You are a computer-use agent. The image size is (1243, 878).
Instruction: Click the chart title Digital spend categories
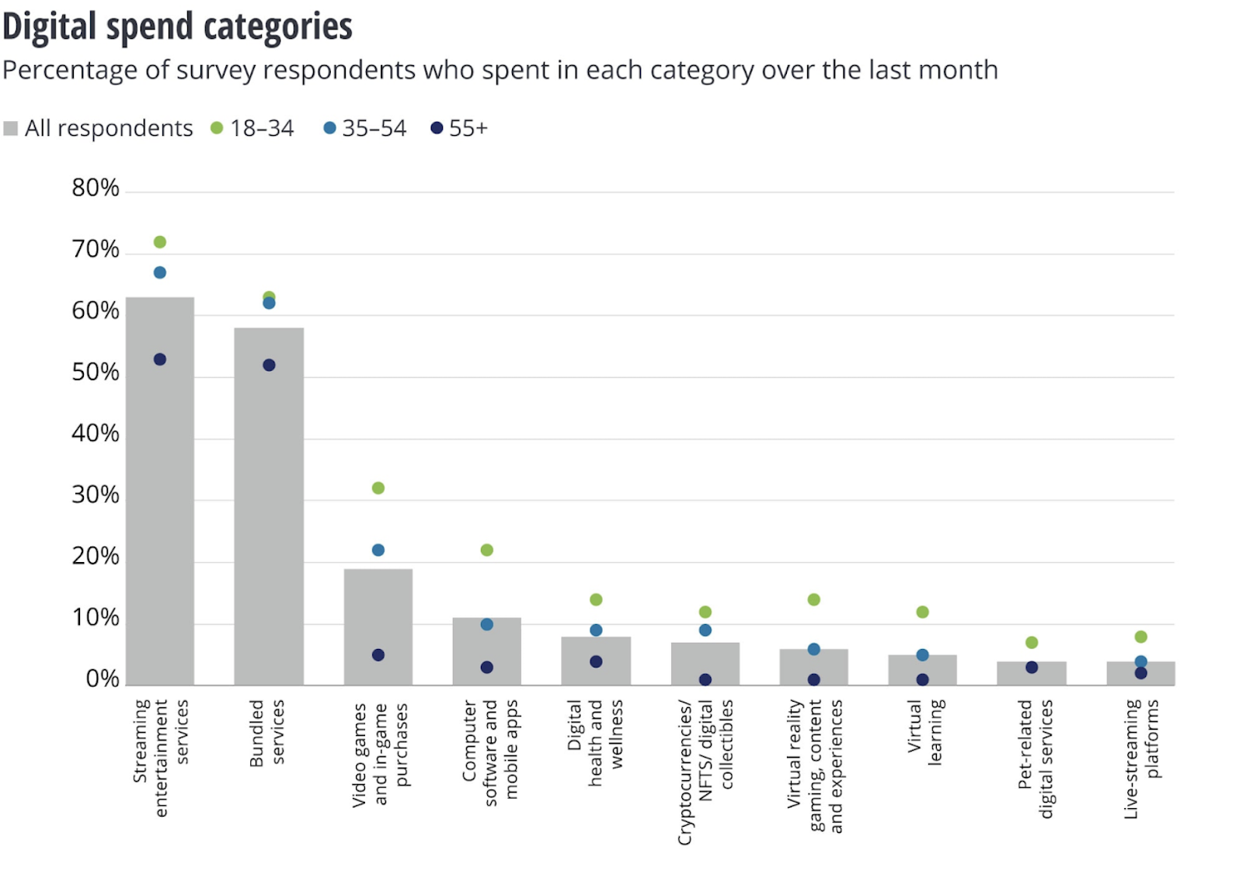(x=177, y=26)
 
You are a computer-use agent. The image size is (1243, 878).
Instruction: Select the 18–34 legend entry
(x=252, y=128)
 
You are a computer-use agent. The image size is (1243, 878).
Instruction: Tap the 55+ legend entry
(x=459, y=128)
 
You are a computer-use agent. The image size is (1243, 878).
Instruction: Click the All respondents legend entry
(x=99, y=128)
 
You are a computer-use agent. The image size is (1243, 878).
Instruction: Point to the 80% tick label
(x=96, y=188)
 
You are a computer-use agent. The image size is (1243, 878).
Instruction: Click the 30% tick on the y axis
(x=96, y=495)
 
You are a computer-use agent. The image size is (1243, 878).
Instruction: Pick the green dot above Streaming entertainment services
(x=160, y=242)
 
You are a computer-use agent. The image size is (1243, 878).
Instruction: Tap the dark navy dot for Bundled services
(x=269, y=365)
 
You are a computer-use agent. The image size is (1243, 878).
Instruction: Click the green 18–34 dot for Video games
(x=378, y=488)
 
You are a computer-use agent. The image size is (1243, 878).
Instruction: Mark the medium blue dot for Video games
(x=378, y=550)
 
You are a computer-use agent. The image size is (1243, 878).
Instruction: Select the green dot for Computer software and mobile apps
(x=487, y=550)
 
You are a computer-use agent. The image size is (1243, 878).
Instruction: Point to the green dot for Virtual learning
(x=922, y=612)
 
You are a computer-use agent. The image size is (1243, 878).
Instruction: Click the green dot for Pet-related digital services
(x=1032, y=642)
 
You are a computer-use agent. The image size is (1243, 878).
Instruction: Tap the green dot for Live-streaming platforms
(x=1140, y=637)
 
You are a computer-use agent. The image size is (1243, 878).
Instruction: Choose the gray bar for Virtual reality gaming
(x=813, y=668)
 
